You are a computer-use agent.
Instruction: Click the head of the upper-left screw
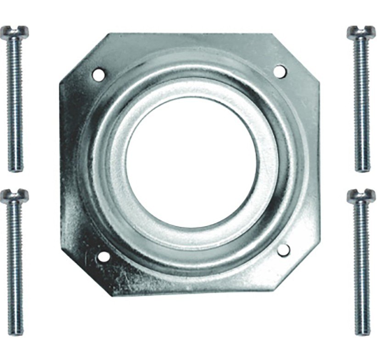pos(14,32)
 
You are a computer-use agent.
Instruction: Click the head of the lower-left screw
pos(14,196)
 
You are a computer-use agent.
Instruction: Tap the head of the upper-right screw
pos(361,32)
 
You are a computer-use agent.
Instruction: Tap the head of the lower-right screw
pos(361,196)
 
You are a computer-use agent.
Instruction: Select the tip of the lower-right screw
pos(362,332)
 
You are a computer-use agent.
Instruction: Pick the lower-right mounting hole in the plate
pos(284,249)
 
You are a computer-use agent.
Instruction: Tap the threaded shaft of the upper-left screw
pos(15,101)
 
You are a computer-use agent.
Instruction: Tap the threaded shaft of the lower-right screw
pos(362,266)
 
